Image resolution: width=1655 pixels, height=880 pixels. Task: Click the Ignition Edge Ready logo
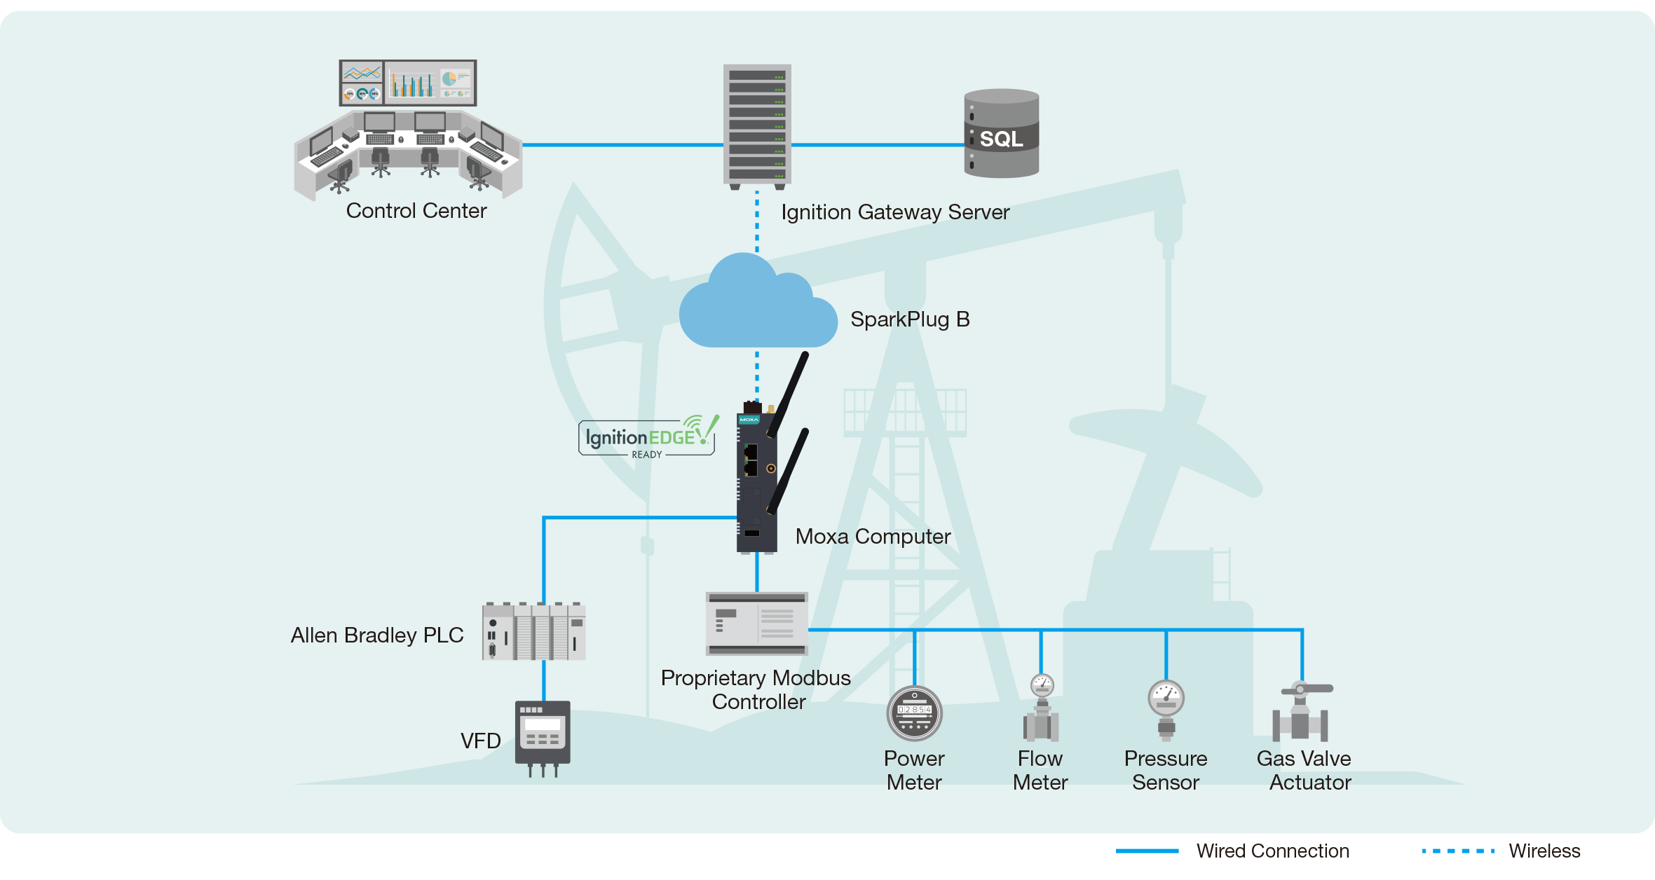pos(647,437)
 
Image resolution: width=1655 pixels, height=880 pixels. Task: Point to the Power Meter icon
pos(914,713)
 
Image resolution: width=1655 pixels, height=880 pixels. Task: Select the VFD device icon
pos(543,736)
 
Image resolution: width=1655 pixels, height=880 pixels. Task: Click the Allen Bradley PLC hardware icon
pos(534,631)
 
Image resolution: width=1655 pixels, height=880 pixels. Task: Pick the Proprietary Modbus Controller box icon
pos(757,624)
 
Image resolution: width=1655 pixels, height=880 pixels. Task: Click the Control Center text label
pos(416,211)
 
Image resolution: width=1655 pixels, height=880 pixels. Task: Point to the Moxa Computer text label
pos(873,537)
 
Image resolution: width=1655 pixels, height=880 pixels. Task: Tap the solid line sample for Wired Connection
pos(1147,851)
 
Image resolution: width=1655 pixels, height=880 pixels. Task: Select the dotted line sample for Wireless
pos(1458,851)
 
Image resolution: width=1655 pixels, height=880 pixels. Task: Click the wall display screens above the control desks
pos(408,83)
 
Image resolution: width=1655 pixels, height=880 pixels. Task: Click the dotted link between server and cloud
pos(757,221)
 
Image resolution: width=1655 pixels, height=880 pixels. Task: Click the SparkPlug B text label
pos(910,319)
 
